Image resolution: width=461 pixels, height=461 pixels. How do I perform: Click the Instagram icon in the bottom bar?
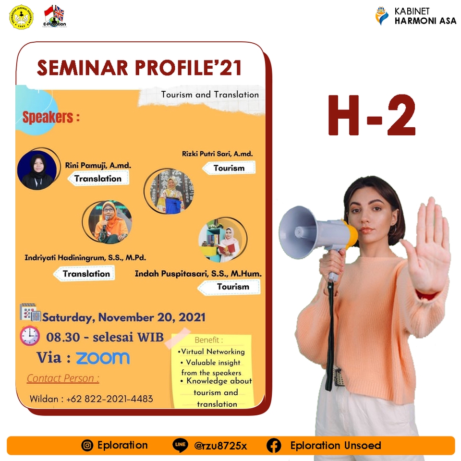(87, 446)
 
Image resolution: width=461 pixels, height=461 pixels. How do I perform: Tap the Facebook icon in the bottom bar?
(274, 446)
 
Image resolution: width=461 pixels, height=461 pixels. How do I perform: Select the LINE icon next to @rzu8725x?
(180, 446)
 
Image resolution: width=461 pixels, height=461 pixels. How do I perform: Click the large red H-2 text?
(371, 116)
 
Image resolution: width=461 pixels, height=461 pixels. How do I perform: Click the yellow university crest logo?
(21, 17)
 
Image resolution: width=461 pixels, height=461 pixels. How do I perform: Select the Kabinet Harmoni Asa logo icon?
(382, 15)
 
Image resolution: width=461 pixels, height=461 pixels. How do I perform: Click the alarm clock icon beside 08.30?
(30, 336)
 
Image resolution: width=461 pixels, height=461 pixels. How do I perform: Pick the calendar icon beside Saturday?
(30, 313)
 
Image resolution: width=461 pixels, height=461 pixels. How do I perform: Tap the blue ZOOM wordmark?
(103, 358)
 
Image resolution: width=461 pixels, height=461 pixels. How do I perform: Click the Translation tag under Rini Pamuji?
(98, 179)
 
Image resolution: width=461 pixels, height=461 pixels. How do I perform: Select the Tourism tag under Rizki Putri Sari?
(229, 168)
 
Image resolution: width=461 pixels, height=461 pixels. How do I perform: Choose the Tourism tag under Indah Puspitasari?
(233, 287)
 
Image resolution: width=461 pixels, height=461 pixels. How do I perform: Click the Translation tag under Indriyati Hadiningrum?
(86, 274)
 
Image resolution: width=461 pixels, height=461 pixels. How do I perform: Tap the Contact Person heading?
(63, 378)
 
